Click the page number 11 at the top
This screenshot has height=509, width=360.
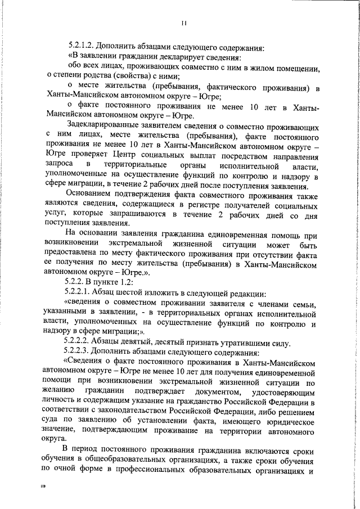[x=184, y=23]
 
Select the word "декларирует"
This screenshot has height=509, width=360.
[x=179, y=58]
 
